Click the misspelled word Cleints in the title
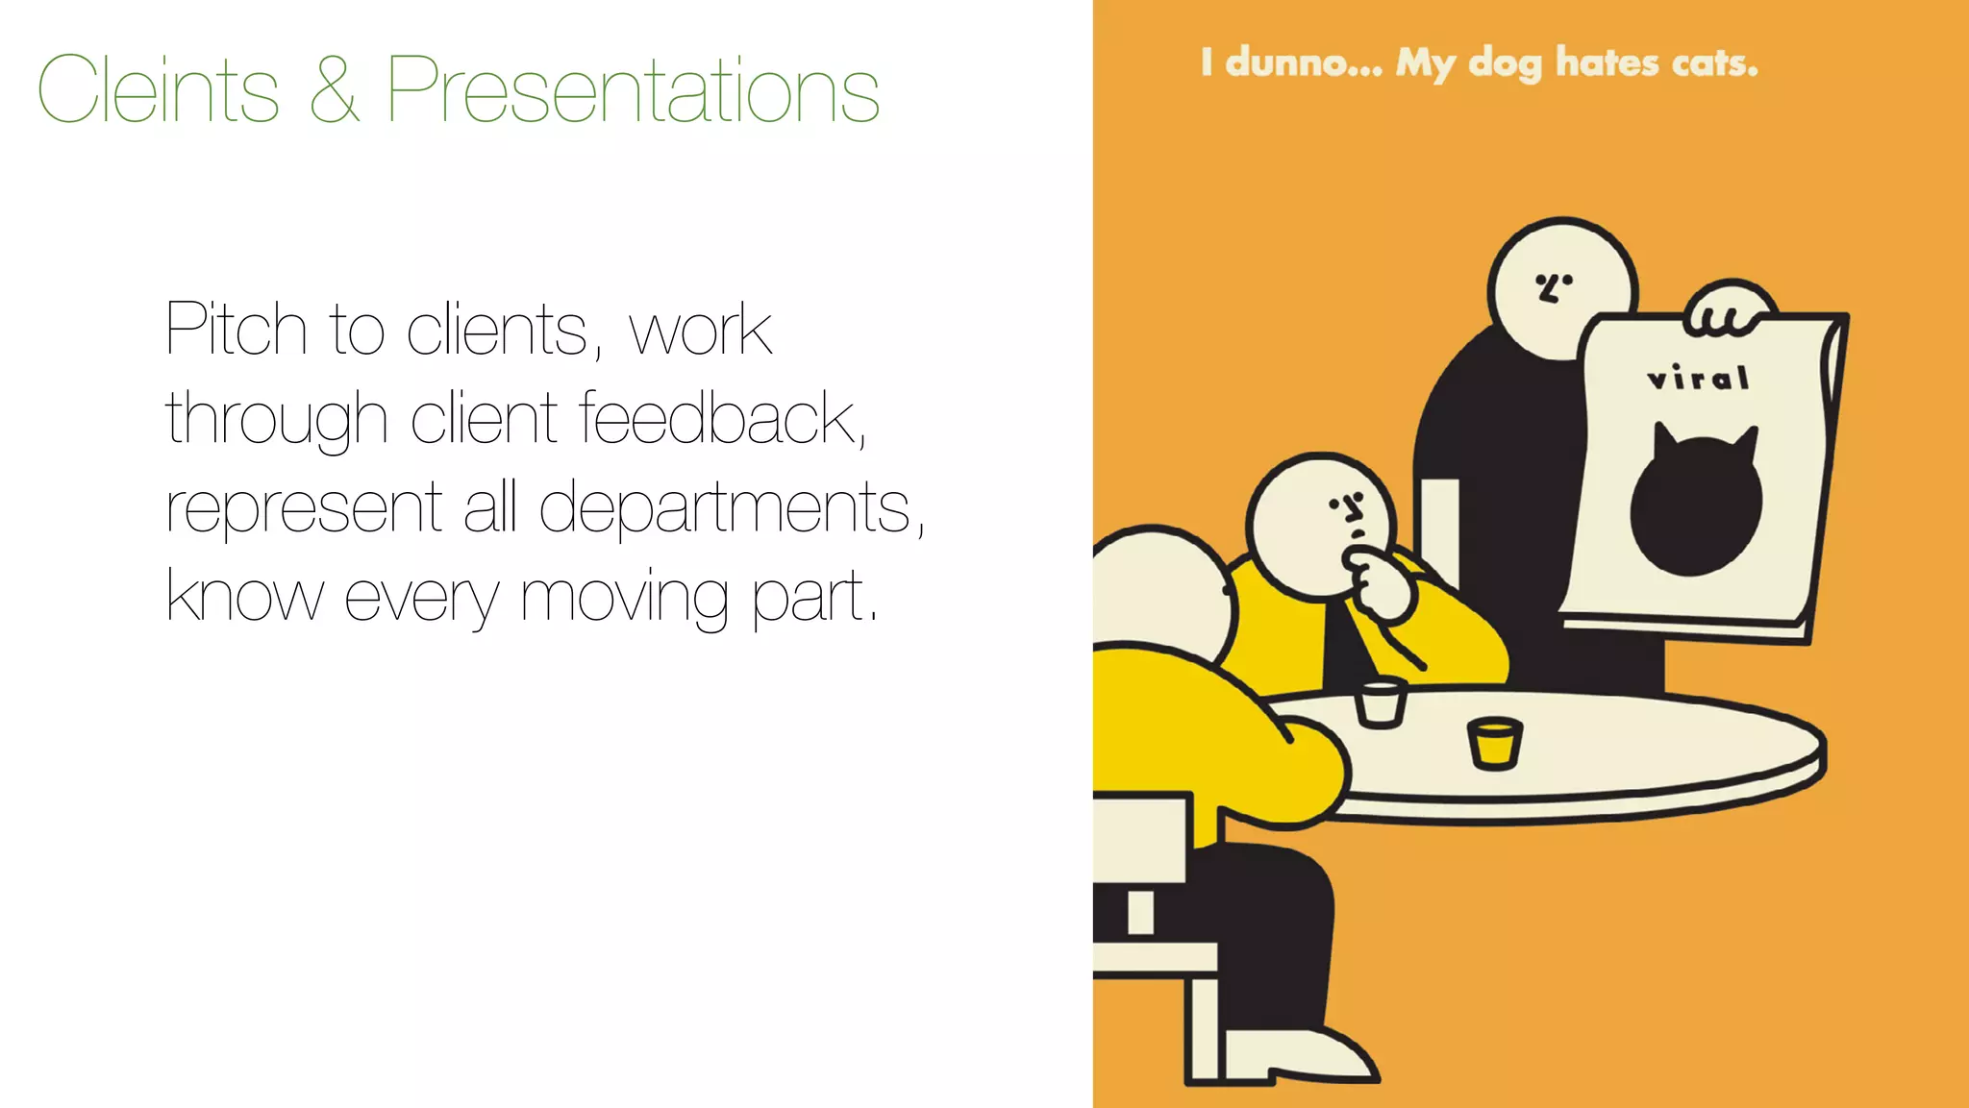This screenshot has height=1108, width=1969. point(159,89)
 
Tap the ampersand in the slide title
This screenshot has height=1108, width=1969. point(335,89)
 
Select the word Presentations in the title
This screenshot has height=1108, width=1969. point(633,89)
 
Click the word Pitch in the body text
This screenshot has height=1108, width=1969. point(236,330)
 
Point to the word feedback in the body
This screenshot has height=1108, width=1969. point(721,419)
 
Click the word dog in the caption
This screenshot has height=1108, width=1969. point(1505,63)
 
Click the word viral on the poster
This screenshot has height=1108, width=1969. point(1698,378)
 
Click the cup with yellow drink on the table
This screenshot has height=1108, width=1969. point(1494,743)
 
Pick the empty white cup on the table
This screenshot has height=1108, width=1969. point(1380,702)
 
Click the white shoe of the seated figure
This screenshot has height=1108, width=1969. point(1298,1055)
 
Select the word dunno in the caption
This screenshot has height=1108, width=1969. point(1303,62)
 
